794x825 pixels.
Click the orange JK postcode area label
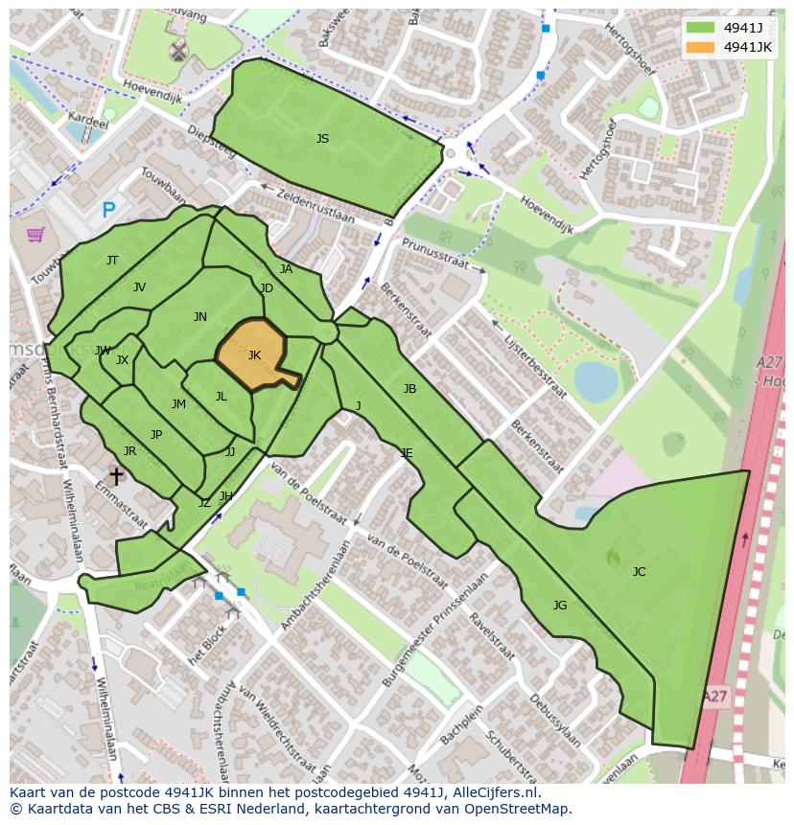click(254, 355)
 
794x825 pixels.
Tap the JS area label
click(322, 139)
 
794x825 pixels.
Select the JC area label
click(639, 572)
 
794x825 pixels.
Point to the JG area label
click(560, 605)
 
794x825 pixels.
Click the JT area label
click(112, 261)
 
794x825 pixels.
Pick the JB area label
click(409, 389)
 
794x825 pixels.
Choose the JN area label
click(199, 317)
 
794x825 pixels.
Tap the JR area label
click(129, 451)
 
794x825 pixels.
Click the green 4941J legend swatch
click(701, 28)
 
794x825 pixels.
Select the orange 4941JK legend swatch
click(701, 47)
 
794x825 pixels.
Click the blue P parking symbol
click(108, 211)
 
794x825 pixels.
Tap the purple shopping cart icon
click(35, 234)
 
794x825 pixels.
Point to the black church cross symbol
click(116, 475)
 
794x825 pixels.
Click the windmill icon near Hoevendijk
click(177, 51)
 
